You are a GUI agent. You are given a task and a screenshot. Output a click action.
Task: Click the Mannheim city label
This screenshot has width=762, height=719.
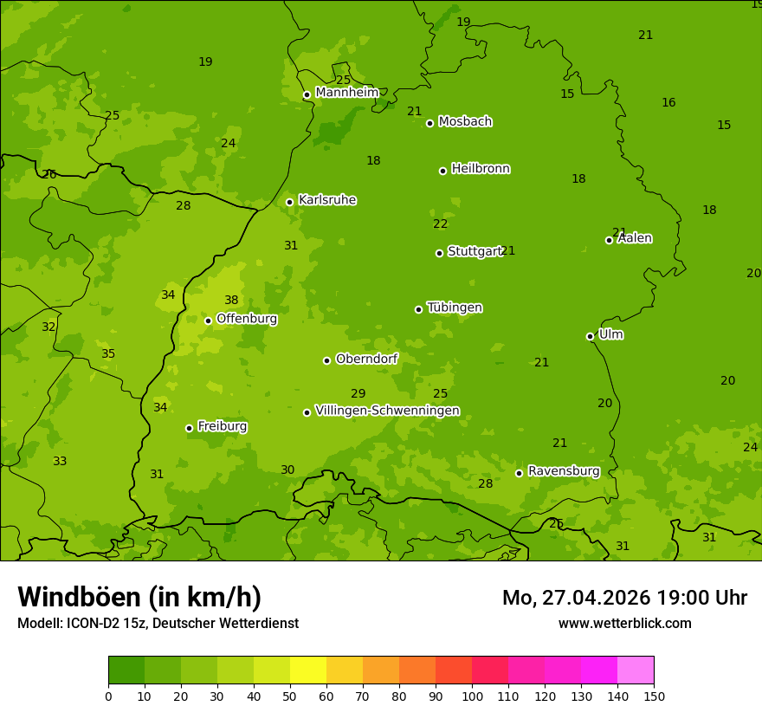[x=346, y=93]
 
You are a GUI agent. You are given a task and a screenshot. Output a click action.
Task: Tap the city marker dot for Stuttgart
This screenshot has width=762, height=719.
[x=439, y=253]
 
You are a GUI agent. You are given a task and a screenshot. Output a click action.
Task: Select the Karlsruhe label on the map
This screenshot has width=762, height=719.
[x=326, y=200]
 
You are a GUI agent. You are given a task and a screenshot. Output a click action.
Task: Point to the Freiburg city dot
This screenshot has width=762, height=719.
[x=189, y=428]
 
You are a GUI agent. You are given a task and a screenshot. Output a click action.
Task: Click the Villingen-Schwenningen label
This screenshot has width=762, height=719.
[x=387, y=411]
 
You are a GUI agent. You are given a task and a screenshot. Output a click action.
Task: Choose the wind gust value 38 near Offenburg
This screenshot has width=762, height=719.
[x=231, y=301]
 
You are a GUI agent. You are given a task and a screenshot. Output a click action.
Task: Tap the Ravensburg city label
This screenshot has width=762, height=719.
[x=564, y=471]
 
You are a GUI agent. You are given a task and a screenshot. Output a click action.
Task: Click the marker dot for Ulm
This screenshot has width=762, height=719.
[x=590, y=336]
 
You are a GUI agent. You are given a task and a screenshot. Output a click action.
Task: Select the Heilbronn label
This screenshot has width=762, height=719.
[x=481, y=169]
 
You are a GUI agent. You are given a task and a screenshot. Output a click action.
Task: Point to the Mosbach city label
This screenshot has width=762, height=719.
[x=465, y=122]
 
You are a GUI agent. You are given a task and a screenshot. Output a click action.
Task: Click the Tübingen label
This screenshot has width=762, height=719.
[x=455, y=308]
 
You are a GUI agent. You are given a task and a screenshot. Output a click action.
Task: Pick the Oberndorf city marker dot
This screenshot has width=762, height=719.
[x=326, y=360]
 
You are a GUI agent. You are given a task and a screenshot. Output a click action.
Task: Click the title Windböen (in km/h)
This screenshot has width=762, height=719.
[x=139, y=597]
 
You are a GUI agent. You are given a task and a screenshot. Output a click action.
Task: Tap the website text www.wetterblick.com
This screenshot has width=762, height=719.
[x=624, y=623]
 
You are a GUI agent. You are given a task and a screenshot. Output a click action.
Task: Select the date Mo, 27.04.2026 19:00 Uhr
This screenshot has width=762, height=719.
[x=624, y=598]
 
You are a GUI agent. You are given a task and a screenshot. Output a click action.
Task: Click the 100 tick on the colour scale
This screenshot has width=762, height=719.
[x=472, y=696]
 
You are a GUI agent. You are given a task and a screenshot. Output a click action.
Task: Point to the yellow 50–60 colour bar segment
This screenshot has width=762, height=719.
[x=308, y=670]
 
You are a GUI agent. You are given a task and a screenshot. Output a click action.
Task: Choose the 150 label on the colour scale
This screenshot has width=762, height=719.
[x=654, y=696]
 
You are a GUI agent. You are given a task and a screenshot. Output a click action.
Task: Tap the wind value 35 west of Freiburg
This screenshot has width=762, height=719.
[x=108, y=354]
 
